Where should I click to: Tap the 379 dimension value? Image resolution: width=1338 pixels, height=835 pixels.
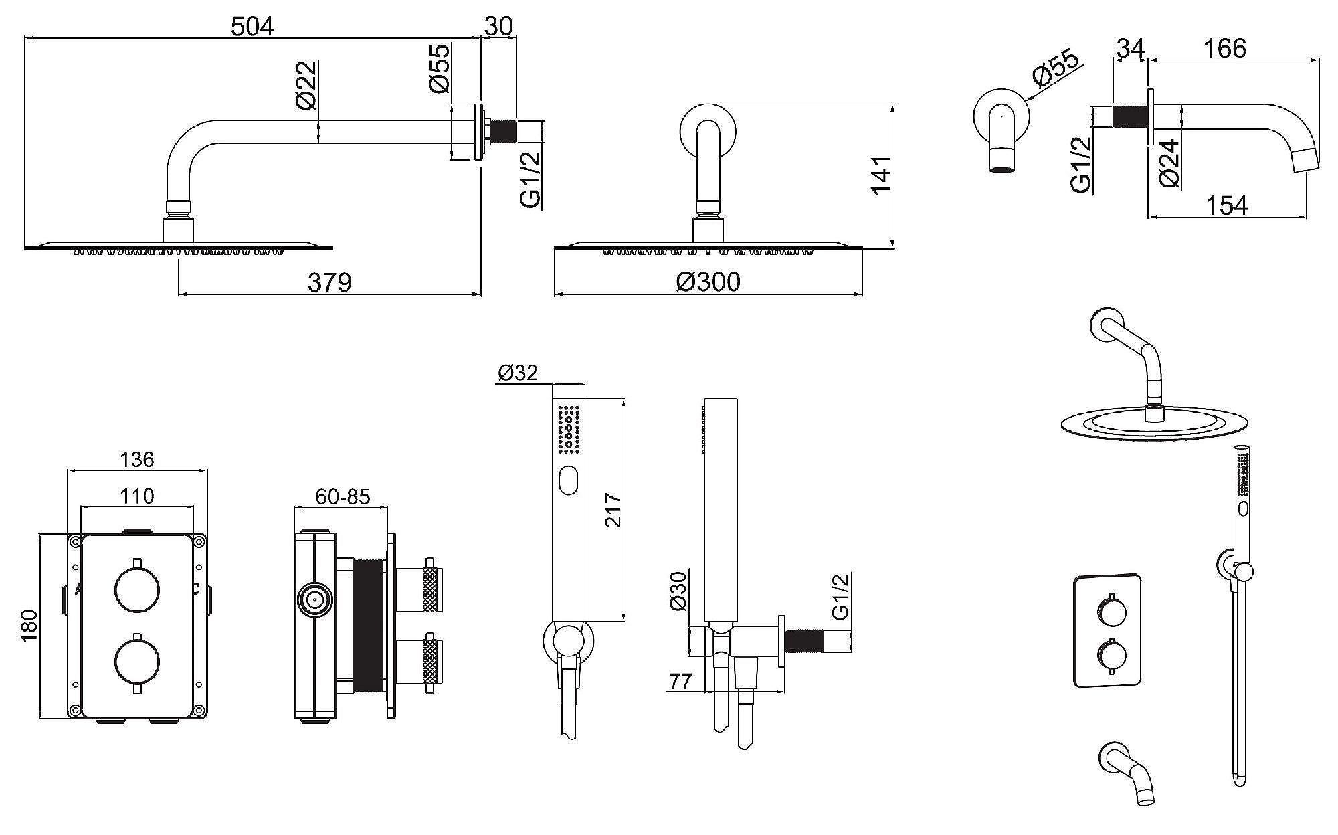coord(329,282)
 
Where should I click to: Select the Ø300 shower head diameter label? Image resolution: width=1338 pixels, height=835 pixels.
coord(708,282)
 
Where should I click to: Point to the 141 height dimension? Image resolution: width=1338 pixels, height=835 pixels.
coord(881,175)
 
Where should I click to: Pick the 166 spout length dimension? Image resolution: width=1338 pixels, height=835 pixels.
coord(1225,48)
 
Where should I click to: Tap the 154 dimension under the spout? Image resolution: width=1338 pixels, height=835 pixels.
coord(1226,205)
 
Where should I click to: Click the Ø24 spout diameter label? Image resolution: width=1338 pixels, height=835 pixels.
coord(1169,163)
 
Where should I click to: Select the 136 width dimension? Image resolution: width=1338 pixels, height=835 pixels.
coord(137,460)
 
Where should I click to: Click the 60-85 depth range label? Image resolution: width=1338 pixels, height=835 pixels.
coord(343,496)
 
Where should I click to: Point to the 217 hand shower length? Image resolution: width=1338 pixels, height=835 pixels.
coord(613,510)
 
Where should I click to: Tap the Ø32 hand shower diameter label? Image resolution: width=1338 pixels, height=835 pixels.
coord(518,373)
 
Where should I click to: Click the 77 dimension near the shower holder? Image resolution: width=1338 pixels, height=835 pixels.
coord(680,682)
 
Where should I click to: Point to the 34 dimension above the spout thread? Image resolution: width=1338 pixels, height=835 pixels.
coord(1131,48)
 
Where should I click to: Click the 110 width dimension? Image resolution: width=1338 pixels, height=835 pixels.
coord(137,496)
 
